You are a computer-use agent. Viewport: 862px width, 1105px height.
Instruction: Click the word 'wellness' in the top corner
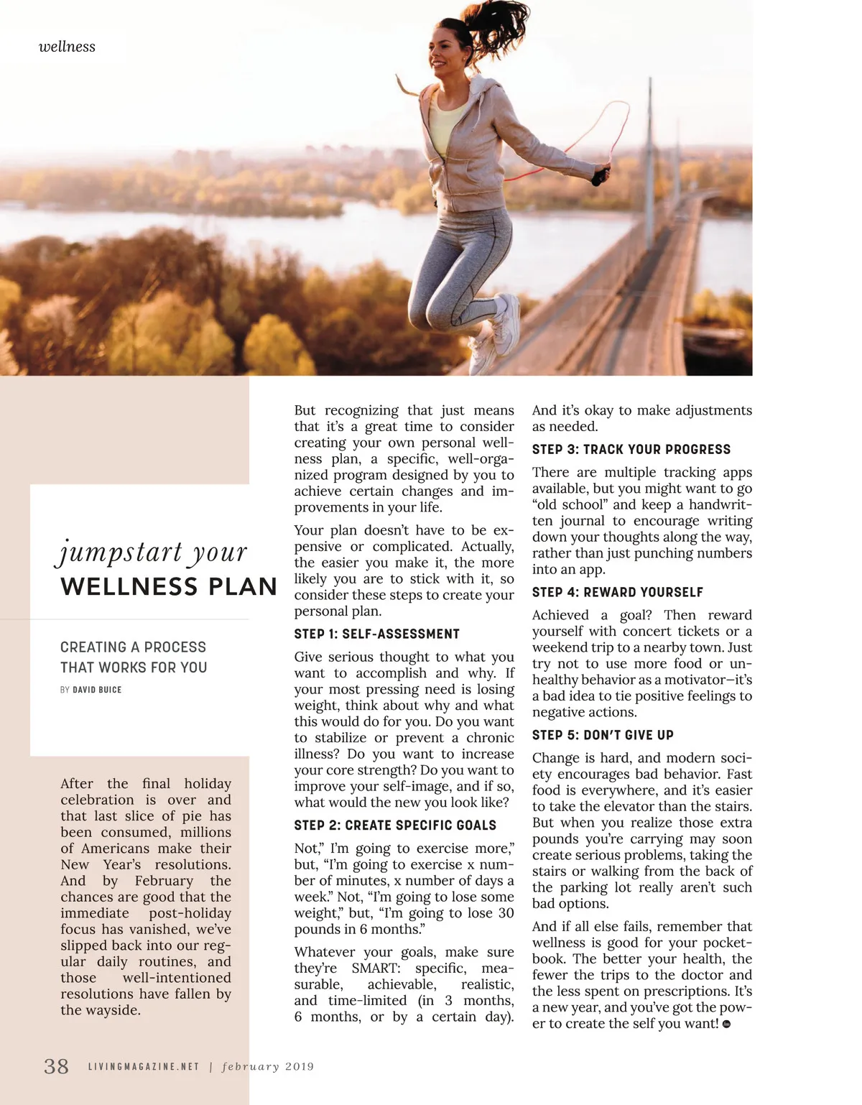67,47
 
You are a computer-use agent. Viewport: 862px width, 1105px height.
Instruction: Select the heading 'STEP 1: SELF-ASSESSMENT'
376,634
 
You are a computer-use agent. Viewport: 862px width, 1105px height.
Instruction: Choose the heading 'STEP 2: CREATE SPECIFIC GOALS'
395,825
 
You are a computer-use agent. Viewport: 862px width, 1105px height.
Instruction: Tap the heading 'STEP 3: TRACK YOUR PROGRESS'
631,449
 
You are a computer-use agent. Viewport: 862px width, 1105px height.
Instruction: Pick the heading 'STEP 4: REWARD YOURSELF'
617,592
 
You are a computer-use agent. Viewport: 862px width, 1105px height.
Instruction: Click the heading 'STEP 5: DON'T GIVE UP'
603,735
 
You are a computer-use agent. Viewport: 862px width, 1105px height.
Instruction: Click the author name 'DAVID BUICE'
97,690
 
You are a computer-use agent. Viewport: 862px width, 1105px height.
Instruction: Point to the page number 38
56,1065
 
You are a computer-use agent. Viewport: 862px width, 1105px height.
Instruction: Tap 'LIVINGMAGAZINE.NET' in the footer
144,1066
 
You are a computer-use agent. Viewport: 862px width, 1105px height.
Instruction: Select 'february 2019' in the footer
268,1066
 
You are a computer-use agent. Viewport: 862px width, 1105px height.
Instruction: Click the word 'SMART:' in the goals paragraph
376,968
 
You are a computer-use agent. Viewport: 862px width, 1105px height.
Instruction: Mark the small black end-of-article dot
726,1025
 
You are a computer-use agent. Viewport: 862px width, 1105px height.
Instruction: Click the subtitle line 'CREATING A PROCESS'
133,647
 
